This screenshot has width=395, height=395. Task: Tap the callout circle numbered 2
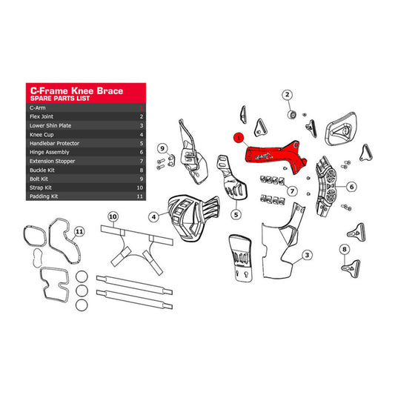288,94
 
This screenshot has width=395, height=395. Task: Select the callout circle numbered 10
113,216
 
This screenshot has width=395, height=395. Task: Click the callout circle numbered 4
153,217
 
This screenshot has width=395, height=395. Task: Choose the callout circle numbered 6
351,186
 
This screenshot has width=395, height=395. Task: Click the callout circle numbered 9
162,148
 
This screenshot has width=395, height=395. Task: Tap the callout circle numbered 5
236,214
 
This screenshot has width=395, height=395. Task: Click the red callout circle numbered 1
238,137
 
